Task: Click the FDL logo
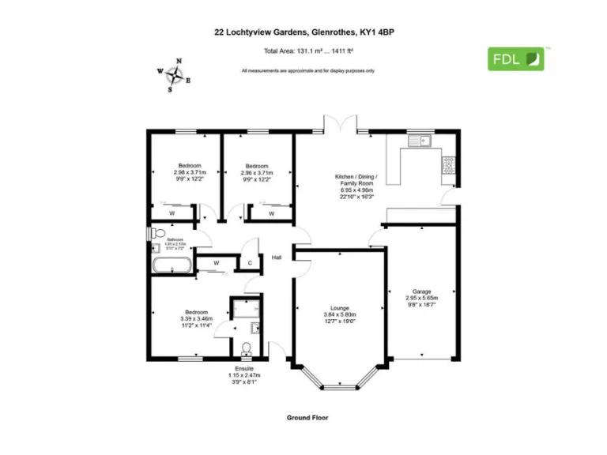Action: click(x=515, y=58)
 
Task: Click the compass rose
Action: click(x=175, y=76)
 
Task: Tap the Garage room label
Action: click(x=421, y=291)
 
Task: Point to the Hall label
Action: click(x=277, y=257)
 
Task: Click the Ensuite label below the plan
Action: click(x=244, y=368)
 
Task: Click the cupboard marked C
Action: click(x=250, y=263)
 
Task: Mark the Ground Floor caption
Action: click(x=307, y=417)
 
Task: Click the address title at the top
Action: click(x=303, y=33)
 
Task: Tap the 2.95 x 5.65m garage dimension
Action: click(x=421, y=299)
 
